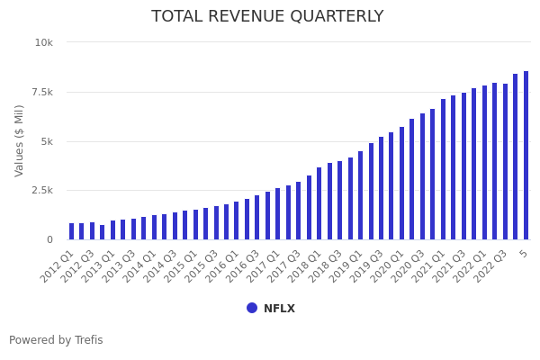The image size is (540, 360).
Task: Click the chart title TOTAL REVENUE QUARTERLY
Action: point(267,17)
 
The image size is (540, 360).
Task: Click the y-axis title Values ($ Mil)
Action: point(20,140)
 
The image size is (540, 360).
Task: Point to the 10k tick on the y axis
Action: point(44,42)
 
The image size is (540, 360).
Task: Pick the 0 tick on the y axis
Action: point(49,239)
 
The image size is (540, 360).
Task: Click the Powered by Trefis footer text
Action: point(56,340)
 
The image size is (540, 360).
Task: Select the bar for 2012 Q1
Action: point(72,231)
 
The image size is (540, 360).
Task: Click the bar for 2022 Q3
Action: point(505,162)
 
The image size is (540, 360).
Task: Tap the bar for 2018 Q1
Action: point(319,203)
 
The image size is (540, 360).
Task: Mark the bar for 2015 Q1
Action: point(195,224)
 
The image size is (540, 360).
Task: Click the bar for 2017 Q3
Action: point(299,211)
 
